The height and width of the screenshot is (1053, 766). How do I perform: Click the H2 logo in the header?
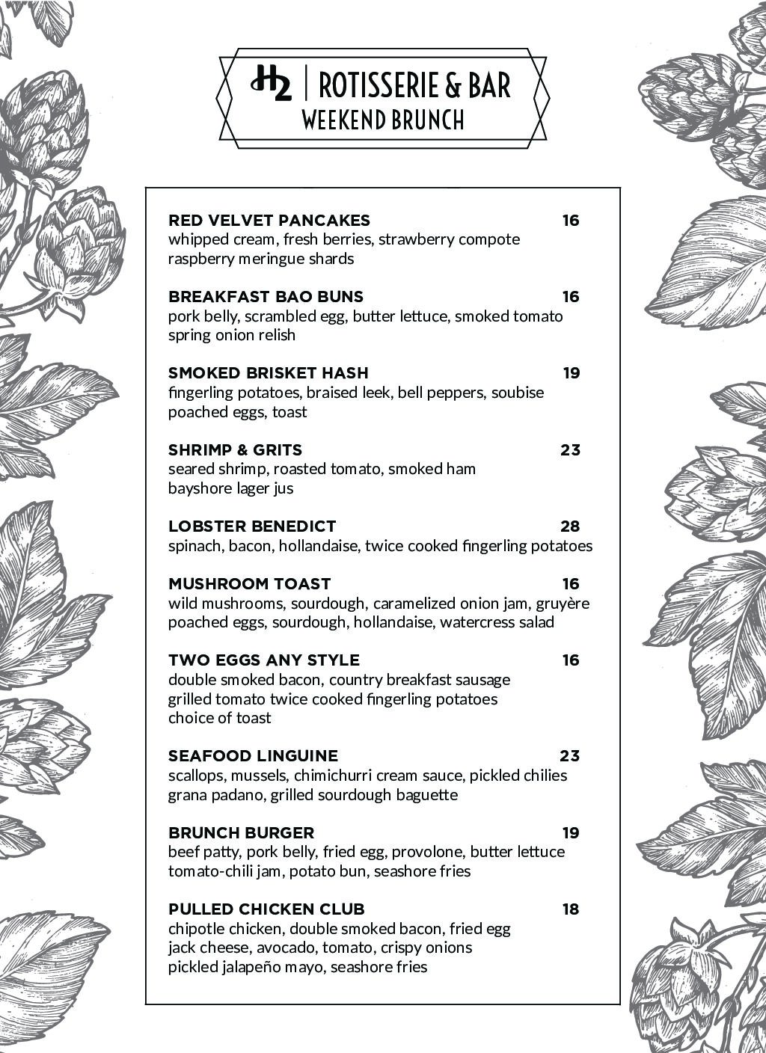tap(271, 85)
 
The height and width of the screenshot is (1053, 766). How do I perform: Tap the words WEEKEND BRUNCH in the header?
tap(382, 120)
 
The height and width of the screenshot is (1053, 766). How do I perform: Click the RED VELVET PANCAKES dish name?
tap(269, 221)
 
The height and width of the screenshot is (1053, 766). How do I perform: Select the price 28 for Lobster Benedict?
tap(570, 526)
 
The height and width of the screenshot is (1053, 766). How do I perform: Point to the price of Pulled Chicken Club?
tap(571, 909)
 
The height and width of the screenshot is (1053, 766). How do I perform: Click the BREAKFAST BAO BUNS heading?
tap(266, 297)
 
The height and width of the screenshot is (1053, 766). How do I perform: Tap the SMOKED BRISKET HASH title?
tap(268, 373)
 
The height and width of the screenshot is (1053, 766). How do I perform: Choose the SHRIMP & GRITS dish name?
tap(235, 450)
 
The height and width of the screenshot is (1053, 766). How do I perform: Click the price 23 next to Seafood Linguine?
tap(570, 756)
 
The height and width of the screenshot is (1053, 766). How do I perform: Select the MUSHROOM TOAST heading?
tap(249, 584)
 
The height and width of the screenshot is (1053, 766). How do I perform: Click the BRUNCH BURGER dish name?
tap(241, 833)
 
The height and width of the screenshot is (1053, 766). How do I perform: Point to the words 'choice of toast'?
tap(219, 718)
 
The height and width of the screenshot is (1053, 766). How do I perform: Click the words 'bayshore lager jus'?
tap(230, 488)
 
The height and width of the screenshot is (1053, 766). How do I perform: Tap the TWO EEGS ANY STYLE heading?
tap(264, 660)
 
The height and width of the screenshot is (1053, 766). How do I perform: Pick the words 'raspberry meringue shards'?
tap(261, 259)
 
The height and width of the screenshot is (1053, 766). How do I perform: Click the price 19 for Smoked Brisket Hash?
tap(572, 373)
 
